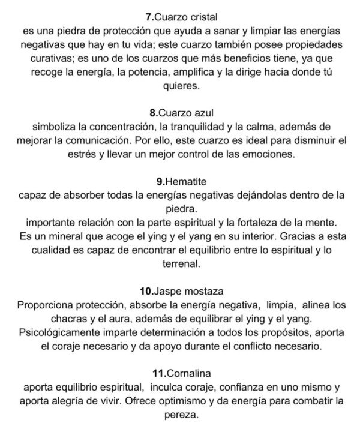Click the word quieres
pos(180,86)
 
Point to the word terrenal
pos(180,263)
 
